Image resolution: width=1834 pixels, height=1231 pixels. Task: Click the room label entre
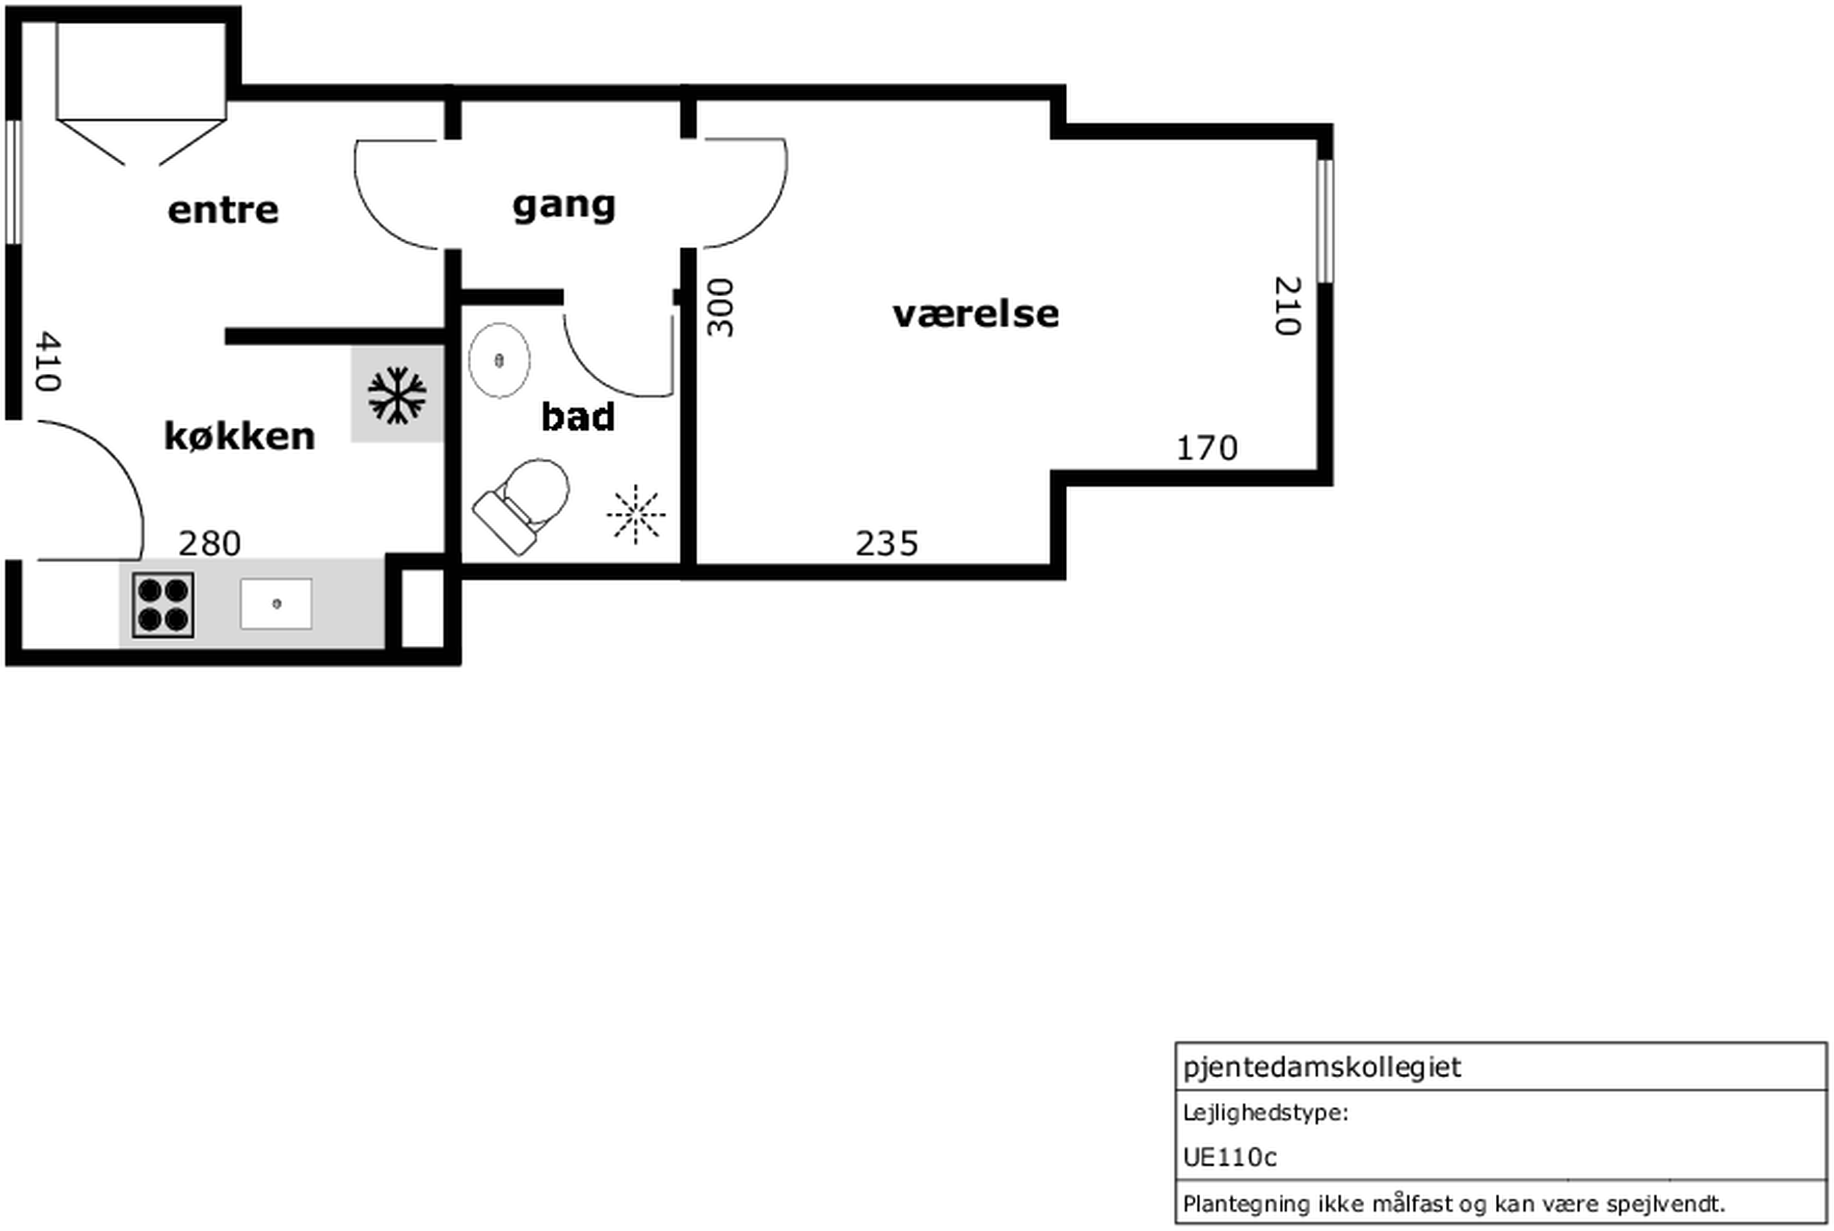point(223,211)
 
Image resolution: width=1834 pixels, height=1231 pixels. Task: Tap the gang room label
point(564,206)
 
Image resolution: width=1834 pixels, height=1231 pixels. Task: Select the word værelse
point(975,314)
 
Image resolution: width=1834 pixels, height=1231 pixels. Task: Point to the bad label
point(577,416)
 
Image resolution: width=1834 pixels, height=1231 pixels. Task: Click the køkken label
point(239,435)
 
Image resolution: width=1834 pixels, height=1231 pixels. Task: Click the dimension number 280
point(210,543)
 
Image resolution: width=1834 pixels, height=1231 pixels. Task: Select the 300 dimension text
point(719,307)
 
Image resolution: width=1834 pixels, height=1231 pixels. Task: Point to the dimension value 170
point(1206,449)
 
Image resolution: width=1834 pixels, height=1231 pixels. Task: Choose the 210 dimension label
point(1287,305)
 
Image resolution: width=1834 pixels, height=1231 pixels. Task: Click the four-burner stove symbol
point(163,606)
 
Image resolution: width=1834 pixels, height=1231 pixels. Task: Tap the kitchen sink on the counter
point(276,603)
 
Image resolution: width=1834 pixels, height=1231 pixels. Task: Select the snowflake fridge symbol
point(397,394)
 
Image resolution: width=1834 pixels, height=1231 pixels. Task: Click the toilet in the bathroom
point(522,505)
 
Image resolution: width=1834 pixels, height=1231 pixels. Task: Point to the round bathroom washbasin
point(499,360)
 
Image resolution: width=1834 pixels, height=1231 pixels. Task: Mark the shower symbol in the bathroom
point(636,514)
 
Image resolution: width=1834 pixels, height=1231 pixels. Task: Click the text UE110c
point(1230,1157)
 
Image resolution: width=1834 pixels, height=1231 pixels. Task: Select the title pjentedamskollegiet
point(1322,1068)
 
